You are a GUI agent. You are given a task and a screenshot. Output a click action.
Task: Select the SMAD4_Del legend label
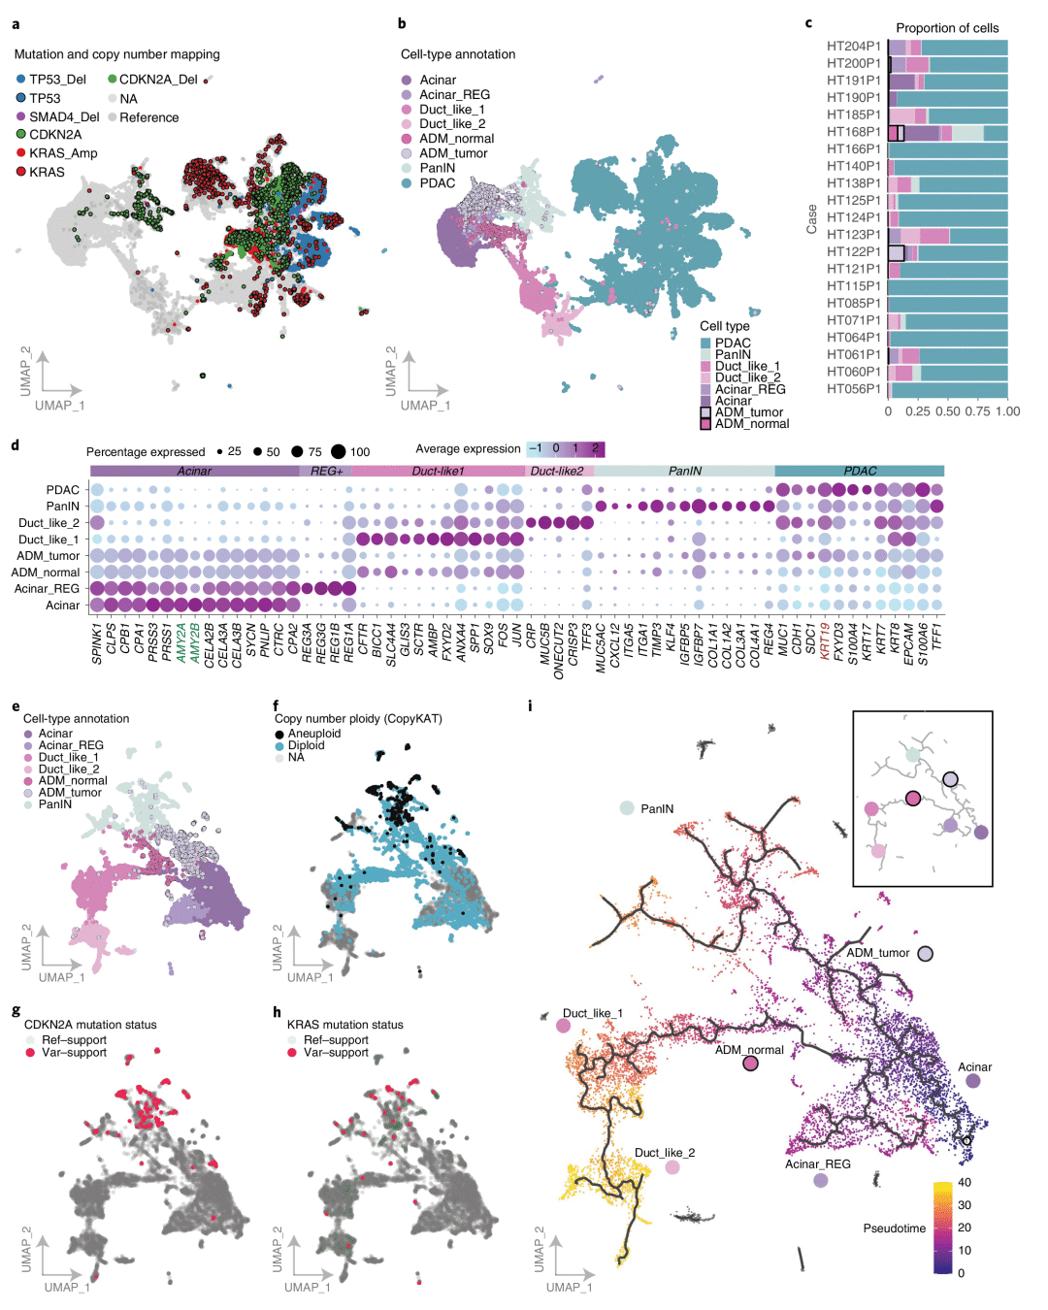click(x=64, y=116)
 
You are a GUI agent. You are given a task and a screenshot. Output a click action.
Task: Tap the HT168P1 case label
click(x=853, y=132)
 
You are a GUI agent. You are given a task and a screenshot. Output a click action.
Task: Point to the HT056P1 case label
click(x=853, y=389)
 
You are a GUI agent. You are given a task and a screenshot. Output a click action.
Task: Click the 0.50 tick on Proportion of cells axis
click(x=948, y=411)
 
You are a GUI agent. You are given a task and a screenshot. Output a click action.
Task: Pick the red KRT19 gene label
click(x=826, y=641)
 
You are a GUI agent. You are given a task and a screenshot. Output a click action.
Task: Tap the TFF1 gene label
click(x=937, y=637)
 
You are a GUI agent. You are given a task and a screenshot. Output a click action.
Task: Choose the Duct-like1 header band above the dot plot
click(x=438, y=472)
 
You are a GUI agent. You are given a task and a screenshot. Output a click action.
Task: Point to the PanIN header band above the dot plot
click(x=684, y=472)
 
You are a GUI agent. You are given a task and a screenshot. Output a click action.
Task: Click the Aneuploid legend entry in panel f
click(x=313, y=734)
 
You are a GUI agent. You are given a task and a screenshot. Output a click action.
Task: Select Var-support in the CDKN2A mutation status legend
click(x=74, y=1052)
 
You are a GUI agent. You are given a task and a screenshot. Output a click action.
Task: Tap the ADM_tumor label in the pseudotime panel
click(x=878, y=953)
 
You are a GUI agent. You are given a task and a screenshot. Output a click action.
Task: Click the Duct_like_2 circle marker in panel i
click(x=672, y=1167)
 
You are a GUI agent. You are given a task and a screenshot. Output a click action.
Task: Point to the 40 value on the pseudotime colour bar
click(x=964, y=1182)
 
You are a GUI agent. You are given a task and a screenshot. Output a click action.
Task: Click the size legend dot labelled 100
click(x=338, y=451)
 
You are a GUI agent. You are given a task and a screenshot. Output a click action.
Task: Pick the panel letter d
click(x=16, y=446)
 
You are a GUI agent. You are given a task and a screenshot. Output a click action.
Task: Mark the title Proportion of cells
click(x=946, y=28)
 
